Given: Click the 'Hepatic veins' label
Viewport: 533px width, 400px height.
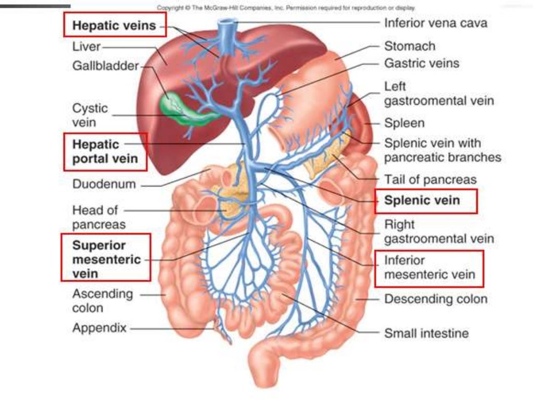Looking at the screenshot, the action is (x=115, y=25).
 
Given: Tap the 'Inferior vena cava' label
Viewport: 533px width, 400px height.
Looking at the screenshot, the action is (x=436, y=23).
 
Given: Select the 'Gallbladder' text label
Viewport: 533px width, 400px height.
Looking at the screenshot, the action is (x=106, y=66).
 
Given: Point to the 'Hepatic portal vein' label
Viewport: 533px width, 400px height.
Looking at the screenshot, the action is (x=105, y=151).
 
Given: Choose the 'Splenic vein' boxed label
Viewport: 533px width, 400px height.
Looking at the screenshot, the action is (x=422, y=201).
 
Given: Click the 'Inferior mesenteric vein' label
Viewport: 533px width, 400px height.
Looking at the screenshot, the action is (x=429, y=268).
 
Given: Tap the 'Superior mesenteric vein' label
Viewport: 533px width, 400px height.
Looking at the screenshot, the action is (x=106, y=259).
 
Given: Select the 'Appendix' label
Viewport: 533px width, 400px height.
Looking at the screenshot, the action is (x=99, y=329).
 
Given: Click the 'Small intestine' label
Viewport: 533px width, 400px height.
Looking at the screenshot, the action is (x=426, y=333).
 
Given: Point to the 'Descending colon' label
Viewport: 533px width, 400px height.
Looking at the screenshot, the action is (x=436, y=299).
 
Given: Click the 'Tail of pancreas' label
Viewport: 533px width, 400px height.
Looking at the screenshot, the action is (x=430, y=180).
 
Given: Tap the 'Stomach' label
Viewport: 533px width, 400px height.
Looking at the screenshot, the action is (x=410, y=46).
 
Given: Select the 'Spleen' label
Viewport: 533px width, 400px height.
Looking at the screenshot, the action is (x=404, y=123).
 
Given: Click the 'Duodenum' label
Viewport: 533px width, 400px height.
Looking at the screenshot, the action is (x=104, y=184).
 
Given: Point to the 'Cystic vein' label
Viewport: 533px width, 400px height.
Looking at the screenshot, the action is (x=90, y=115).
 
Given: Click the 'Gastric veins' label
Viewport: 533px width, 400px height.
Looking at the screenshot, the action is (x=422, y=64).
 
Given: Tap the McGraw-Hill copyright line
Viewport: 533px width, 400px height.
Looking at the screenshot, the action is (x=286, y=8).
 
